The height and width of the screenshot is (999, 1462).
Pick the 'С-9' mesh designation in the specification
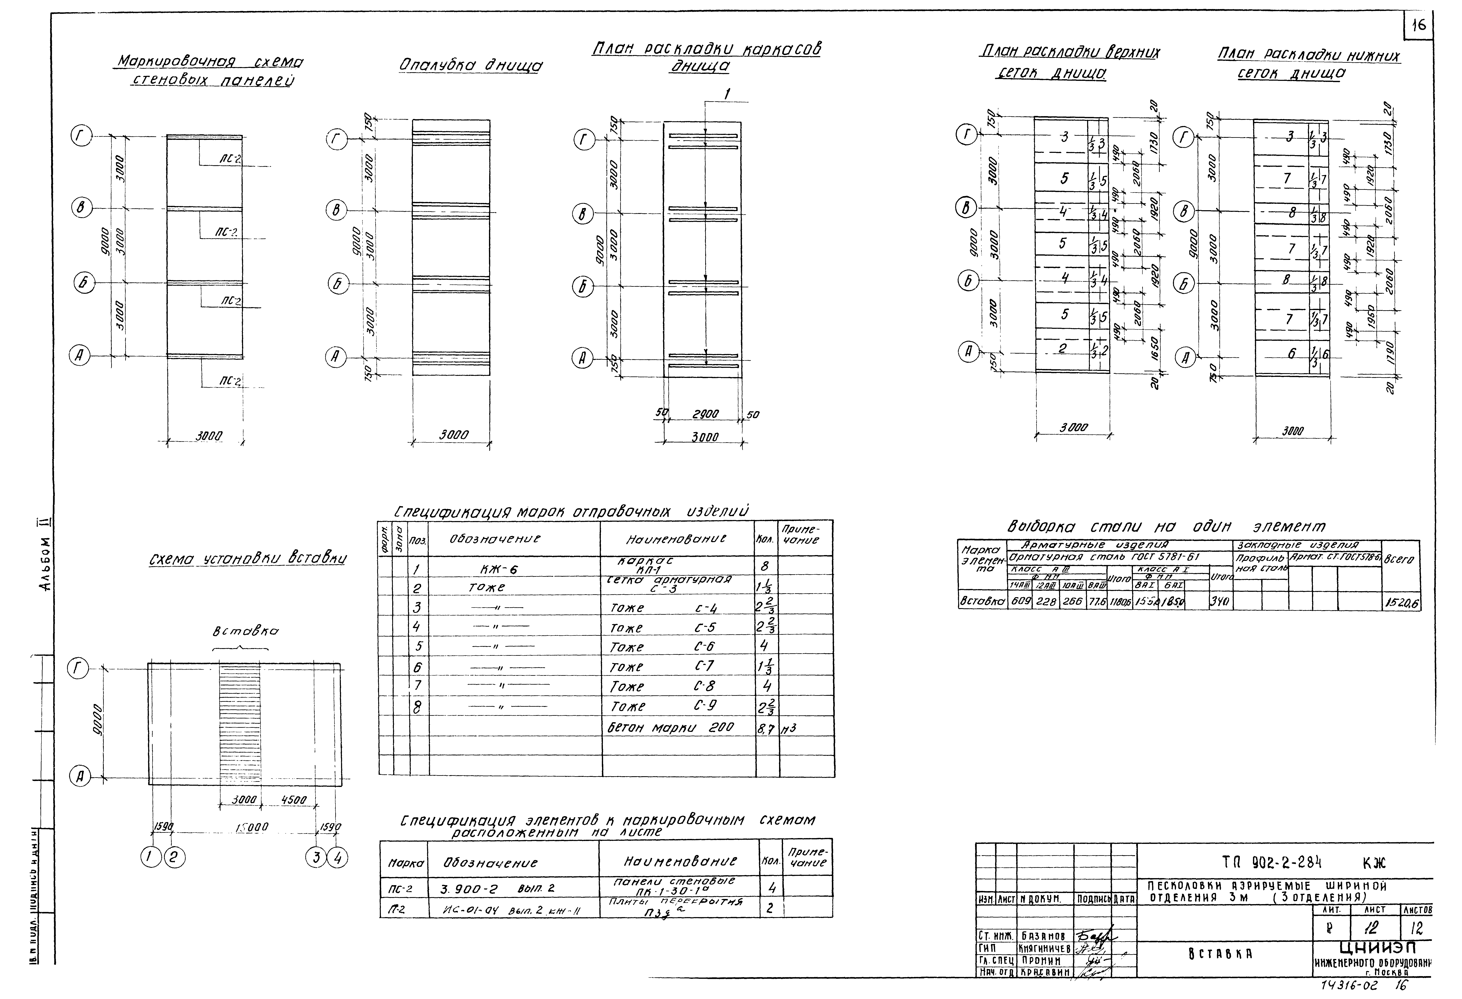705,706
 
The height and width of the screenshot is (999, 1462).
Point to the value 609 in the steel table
1019,602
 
